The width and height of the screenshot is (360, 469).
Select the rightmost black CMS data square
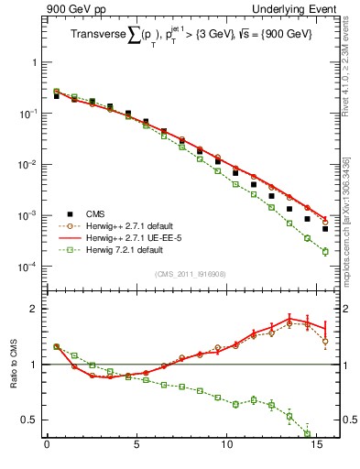(325, 228)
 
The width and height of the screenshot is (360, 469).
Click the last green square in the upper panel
(325, 251)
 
